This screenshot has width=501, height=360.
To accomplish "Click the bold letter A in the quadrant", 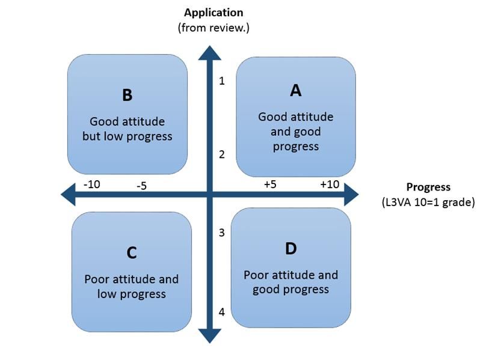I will click(295, 90).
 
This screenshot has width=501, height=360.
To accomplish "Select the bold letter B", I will click(127, 95).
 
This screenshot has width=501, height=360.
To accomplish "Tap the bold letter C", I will click(132, 253).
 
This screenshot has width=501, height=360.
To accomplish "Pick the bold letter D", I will click(291, 249).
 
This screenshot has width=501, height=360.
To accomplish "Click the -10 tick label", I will click(91, 185).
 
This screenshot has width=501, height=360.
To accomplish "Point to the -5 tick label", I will click(141, 186).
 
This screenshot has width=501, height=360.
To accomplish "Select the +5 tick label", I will click(270, 185).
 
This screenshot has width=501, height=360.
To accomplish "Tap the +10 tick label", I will click(329, 185).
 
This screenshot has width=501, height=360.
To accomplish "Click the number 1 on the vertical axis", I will click(222, 81).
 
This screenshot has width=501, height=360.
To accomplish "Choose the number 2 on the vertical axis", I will click(222, 154).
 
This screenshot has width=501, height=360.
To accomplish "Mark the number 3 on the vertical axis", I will click(222, 233).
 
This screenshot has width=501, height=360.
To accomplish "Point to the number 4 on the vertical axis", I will click(222, 312).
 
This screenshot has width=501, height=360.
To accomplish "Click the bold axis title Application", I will click(214, 13).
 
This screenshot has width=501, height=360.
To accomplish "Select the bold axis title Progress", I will click(428, 187).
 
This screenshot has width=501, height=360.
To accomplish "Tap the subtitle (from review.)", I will click(214, 28).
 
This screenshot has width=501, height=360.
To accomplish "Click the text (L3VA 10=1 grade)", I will click(428, 202).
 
